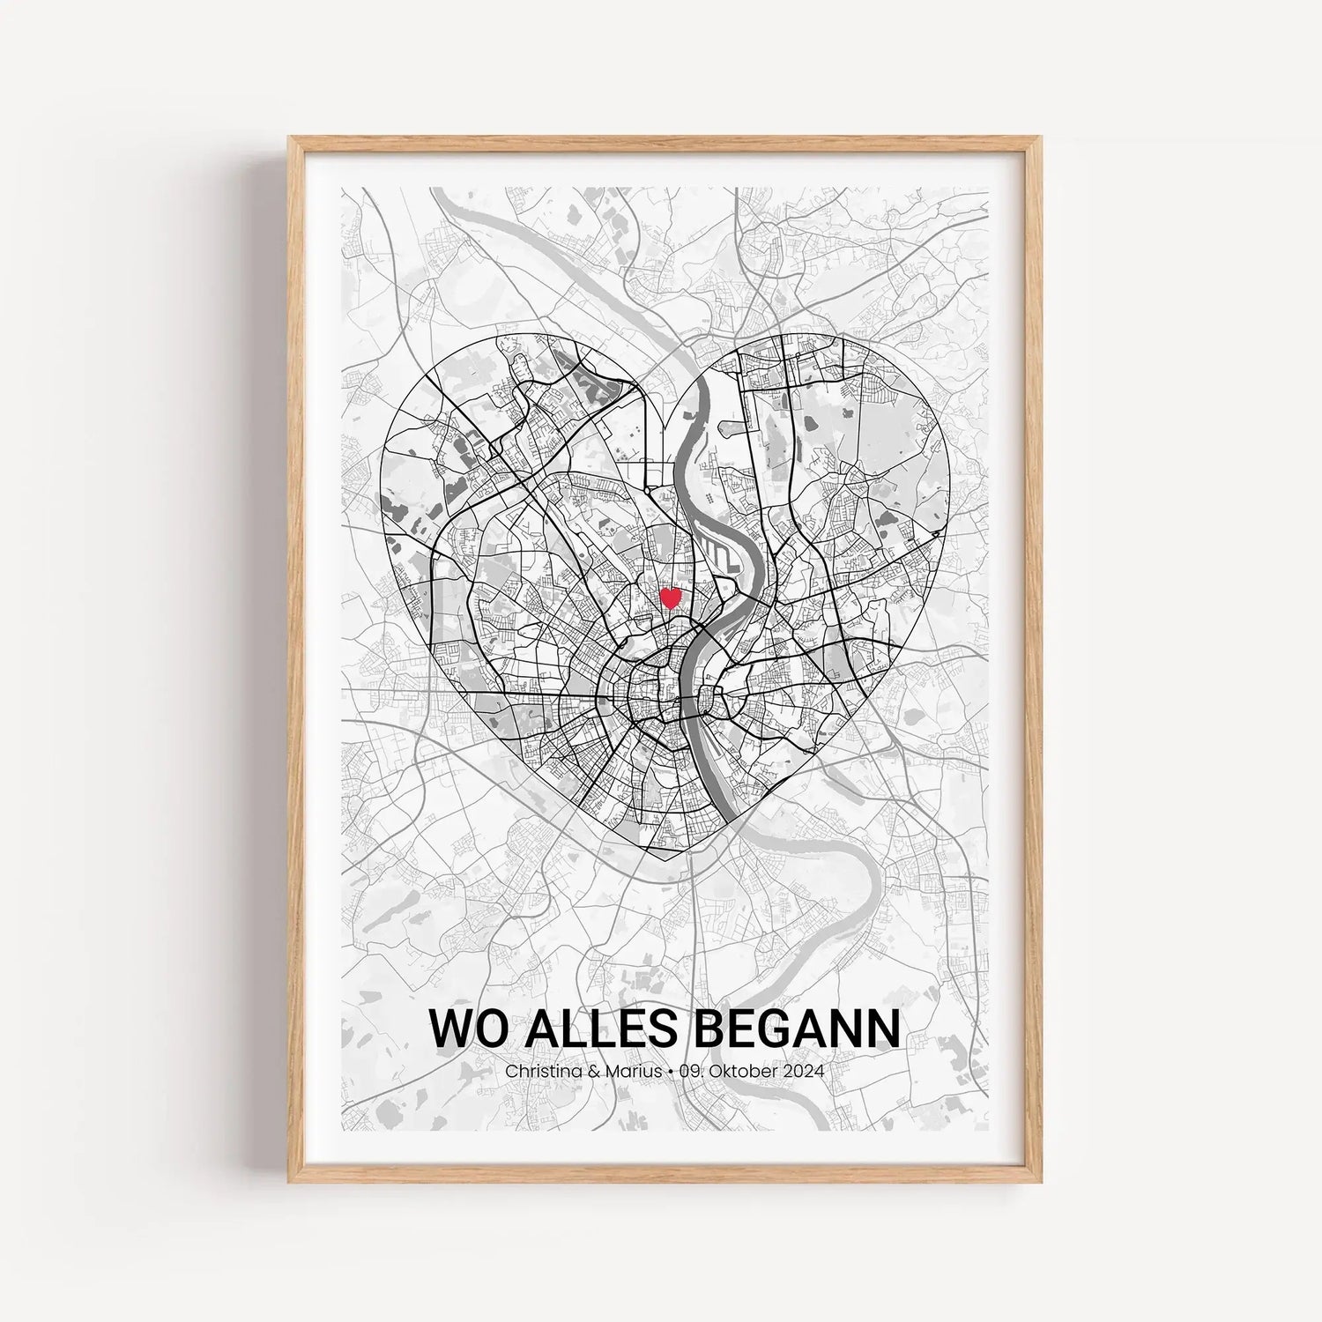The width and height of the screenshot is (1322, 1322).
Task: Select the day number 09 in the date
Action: [x=690, y=1072]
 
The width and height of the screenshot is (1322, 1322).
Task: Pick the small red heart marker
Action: [x=670, y=598]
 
